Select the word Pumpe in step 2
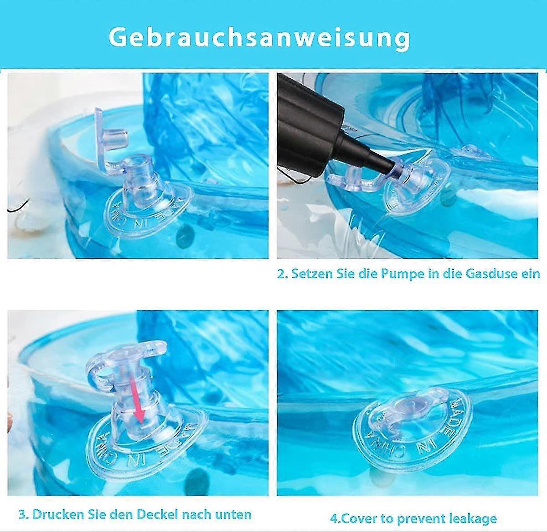click(x=394, y=274)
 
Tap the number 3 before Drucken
click(x=23, y=515)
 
